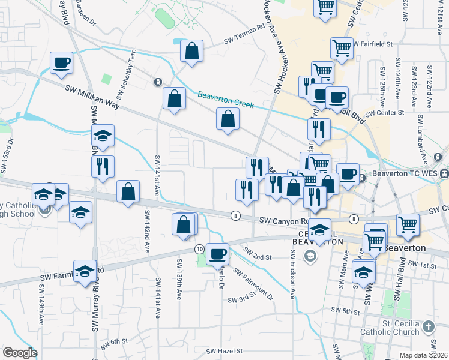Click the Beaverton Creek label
[226, 100]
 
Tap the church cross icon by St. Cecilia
[428, 327]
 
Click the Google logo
[20, 353]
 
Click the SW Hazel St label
[224, 351]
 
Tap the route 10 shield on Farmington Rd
[199, 248]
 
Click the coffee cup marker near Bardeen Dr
[62, 63]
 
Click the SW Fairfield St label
[373, 44]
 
